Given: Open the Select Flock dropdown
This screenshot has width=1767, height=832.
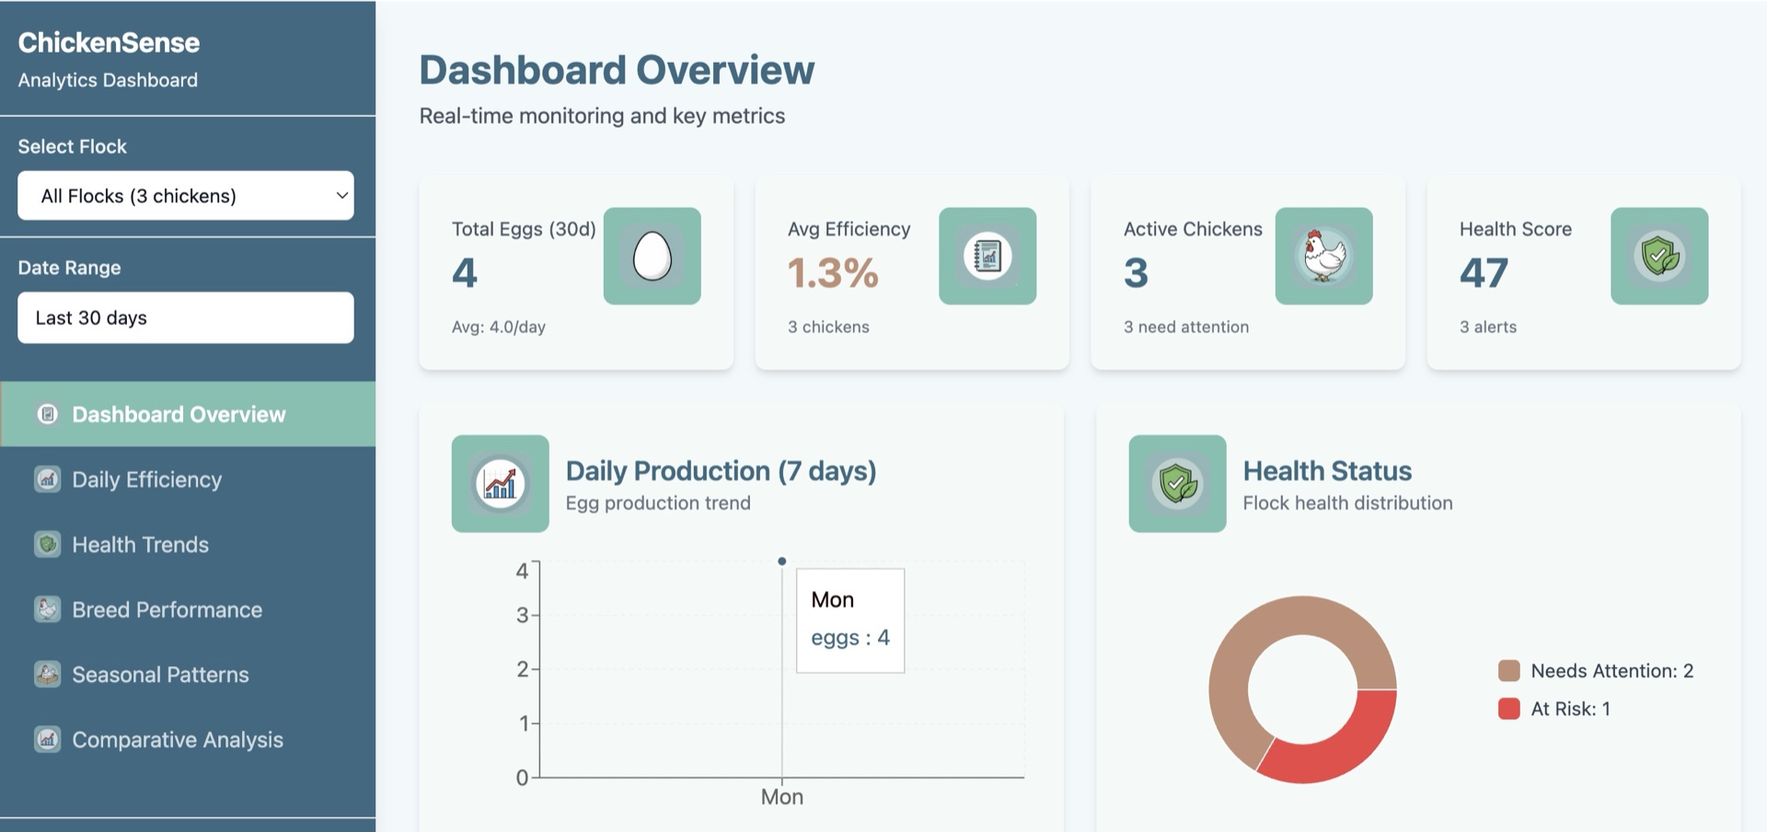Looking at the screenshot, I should click(x=185, y=195).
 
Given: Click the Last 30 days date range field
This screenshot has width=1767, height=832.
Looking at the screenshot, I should click(x=185, y=318).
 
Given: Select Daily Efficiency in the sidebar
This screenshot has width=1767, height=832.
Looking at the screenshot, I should click(x=147, y=480).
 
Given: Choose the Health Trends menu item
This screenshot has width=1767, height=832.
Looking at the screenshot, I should click(x=140, y=545).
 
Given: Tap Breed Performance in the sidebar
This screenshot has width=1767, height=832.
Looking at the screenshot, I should click(x=167, y=609).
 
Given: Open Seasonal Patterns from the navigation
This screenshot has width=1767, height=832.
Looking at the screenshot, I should click(x=160, y=675).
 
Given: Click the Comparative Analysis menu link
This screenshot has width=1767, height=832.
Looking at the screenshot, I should click(x=177, y=740).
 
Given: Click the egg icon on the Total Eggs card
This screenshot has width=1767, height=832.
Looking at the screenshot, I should click(x=652, y=256).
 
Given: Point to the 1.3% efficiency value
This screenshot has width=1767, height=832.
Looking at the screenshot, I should click(x=833, y=272).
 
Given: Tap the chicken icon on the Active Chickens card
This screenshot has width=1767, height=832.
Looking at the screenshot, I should click(x=1323, y=256).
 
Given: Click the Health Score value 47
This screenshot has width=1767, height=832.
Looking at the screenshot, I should click(x=1484, y=272).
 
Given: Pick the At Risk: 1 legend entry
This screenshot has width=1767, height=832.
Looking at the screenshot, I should click(x=1569, y=709).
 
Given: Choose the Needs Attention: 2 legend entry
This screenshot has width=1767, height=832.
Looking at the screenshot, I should click(x=1611, y=671).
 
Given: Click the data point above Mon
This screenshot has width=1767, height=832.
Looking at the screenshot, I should click(x=781, y=560).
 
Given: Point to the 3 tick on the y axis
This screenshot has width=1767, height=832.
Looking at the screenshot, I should click(x=522, y=615).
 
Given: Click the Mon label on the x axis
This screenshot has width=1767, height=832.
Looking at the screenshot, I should click(x=781, y=797).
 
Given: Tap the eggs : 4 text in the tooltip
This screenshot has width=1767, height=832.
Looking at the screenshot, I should click(x=849, y=638).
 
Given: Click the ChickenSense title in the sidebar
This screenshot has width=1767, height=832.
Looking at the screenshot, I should click(x=109, y=42).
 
